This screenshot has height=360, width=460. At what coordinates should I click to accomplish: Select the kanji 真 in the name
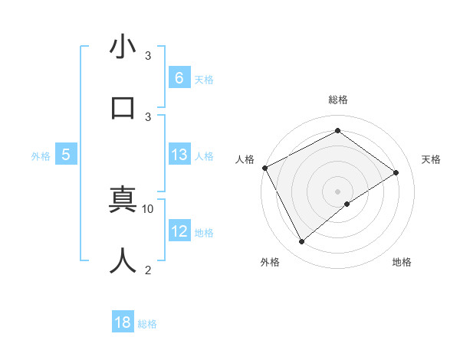tap(123, 202)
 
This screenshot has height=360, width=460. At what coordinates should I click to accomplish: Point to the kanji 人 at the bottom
tap(123, 260)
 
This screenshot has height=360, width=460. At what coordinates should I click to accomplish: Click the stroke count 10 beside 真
tap(148, 208)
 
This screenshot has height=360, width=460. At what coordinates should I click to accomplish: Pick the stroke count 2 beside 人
tap(148, 270)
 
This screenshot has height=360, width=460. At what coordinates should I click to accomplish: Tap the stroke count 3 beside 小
tap(148, 56)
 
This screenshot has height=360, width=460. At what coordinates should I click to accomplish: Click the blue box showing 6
tap(179, 77)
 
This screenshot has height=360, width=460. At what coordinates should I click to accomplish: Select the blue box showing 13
tap(179, 155)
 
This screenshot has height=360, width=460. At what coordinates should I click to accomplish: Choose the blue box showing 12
tap(179, 231)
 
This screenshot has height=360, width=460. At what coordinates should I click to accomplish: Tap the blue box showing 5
tap(66, 155)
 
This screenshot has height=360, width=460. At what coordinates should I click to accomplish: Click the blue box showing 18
tap(123, 322)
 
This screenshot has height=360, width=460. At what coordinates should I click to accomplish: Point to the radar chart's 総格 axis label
tap(338, 100)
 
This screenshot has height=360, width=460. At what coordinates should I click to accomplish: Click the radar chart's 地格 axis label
tap(402, 262)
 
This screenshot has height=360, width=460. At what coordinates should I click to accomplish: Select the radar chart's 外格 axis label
tap(270, 262)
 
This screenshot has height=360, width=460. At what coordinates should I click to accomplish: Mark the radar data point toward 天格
tap(396, 172)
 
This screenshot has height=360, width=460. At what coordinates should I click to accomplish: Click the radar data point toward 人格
tap(264, 168)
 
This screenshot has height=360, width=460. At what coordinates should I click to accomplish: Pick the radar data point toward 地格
tap(347, 204)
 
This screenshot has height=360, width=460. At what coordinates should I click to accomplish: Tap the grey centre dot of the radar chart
tap(337, 191)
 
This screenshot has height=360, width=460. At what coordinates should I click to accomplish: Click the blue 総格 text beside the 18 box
tap(147, 324)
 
